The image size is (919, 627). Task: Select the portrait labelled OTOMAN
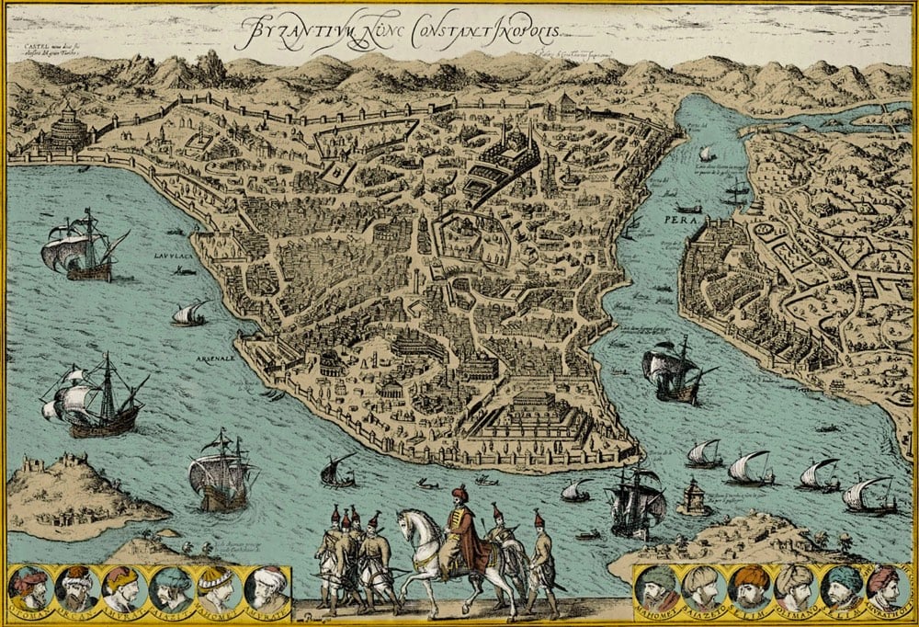pos(31,589)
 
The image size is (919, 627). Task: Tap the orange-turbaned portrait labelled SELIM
pos(748,588)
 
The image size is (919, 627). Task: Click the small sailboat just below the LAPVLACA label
pos(189,313)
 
